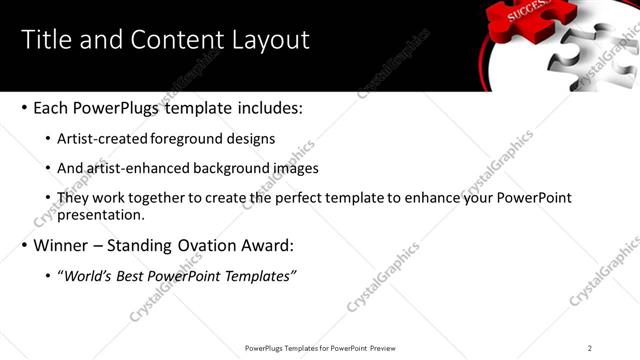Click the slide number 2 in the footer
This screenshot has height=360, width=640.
tap(590, 347)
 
